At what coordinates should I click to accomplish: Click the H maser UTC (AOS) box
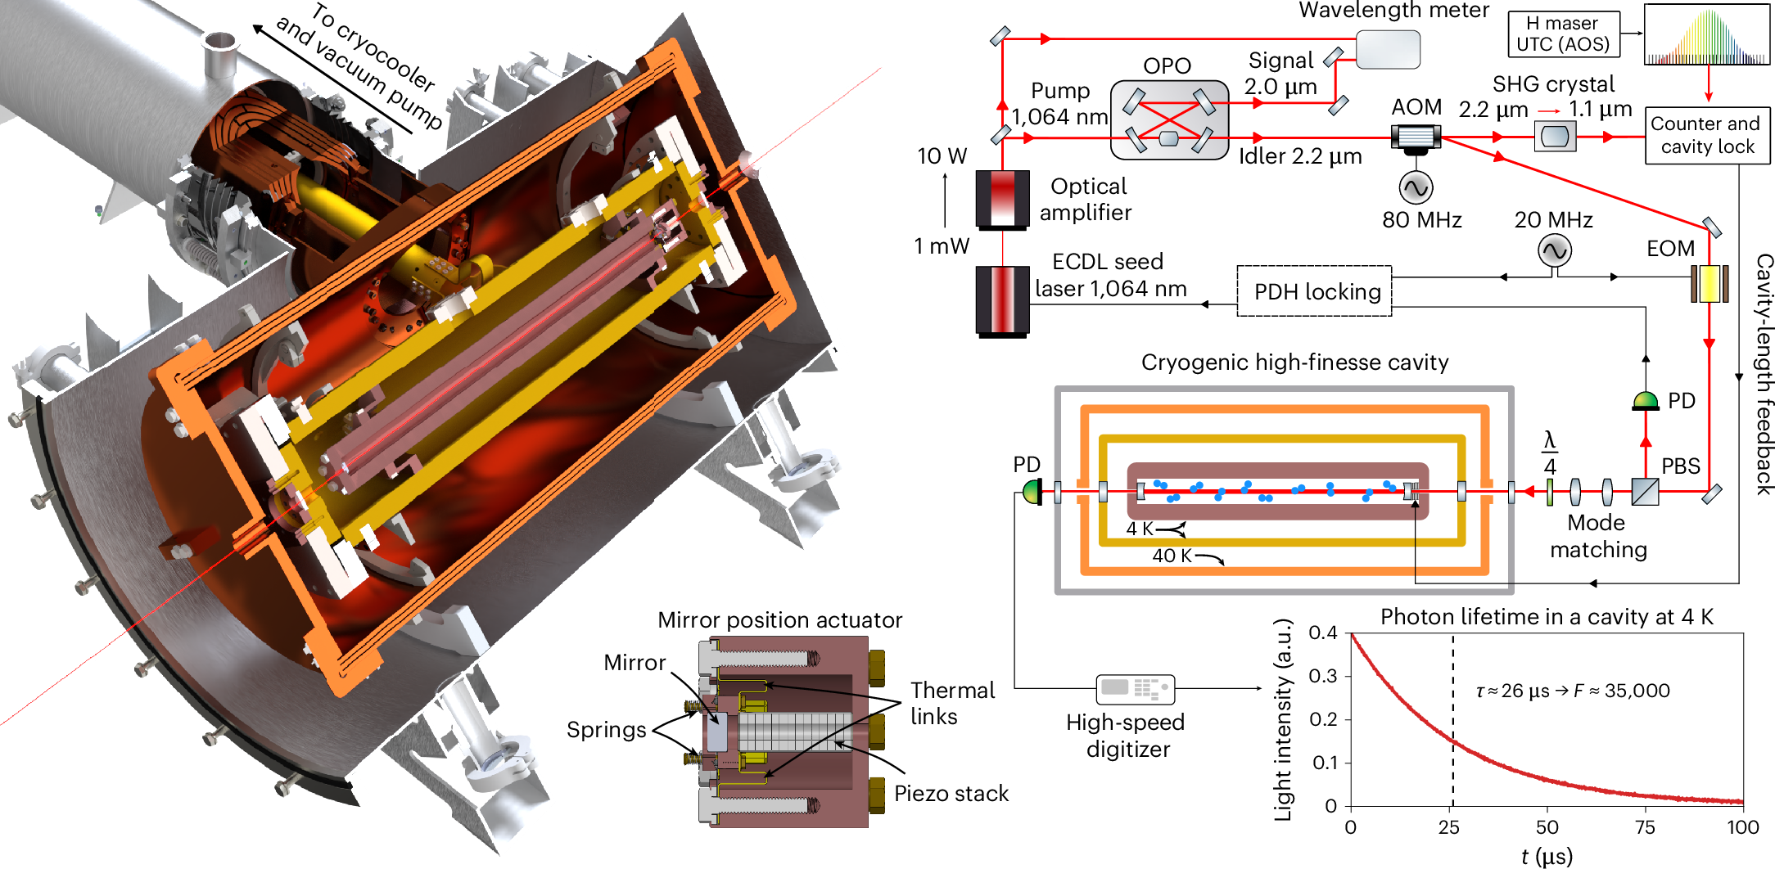pos(1563,34)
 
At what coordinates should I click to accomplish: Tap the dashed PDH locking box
pos(1314,291)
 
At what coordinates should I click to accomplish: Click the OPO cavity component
pos(1169,119)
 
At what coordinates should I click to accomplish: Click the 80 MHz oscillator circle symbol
pos(1416,188)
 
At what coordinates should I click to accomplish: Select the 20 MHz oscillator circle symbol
pos(1553,250)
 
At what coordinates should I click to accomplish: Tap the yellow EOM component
pos(1710,283)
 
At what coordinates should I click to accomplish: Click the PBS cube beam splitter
pos(1645,492)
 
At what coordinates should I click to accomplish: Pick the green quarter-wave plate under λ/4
pos(1550,492)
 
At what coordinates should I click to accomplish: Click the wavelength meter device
pos(1388,49)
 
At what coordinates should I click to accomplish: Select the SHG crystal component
pos(1554,136)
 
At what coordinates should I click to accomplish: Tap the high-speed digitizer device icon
pos(1135,688)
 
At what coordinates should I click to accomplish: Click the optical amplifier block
pos(1002,200)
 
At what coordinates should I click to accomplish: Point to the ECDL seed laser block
pos(1002,300)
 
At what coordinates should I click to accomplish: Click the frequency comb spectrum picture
pos(1707,35)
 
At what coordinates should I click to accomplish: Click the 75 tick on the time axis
pos(1645,827)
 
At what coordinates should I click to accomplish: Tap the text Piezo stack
pos(951,793)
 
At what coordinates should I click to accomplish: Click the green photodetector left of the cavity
pos(1032,492)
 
